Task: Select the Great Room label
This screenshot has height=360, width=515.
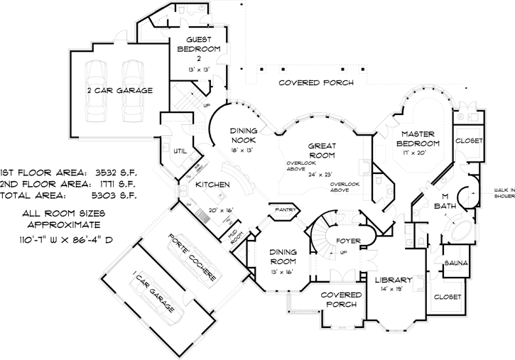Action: [x=321, y=150]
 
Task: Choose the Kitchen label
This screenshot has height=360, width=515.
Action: [x=212, y=185]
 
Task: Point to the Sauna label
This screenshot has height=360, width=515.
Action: [x=455, y=263]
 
